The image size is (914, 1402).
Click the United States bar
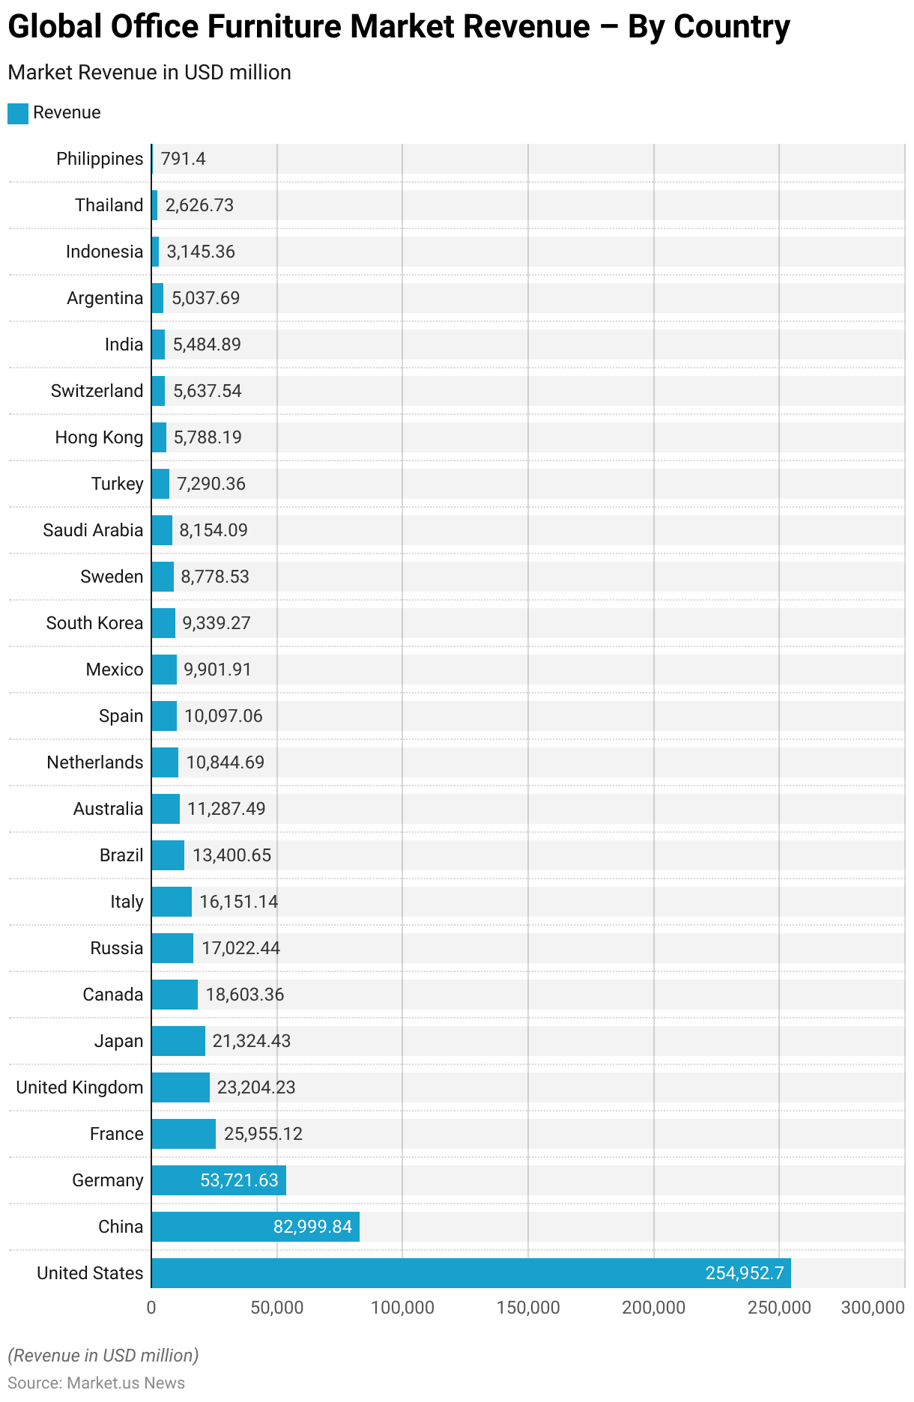pos(470,1273)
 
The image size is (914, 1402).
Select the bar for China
pos(255,1227)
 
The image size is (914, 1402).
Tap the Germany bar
pos(218,1180)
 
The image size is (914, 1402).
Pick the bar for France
pos(184,1134)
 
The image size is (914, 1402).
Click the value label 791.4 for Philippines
pos(183,159)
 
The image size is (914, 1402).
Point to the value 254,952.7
pos(743,1273)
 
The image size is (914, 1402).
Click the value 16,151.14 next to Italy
pos(238,902)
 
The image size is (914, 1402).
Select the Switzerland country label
pos(97,391)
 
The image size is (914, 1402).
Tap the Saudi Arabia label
pos(93,530)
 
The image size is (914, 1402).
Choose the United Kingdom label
pos(79,1087)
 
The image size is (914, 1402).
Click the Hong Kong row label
pos(99,437)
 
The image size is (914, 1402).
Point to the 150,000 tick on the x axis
pos(528,1308)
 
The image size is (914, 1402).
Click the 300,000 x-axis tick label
pos(873,1308)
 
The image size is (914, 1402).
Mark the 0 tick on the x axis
pos(151,1308)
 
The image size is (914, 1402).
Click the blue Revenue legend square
pos(18,113)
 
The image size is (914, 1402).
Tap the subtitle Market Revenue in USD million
pos(149,73)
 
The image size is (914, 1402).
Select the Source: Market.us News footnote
pos(96,1383)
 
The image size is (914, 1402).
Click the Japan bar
pos(178,1041)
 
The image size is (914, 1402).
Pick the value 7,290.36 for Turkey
pos(211,484)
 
